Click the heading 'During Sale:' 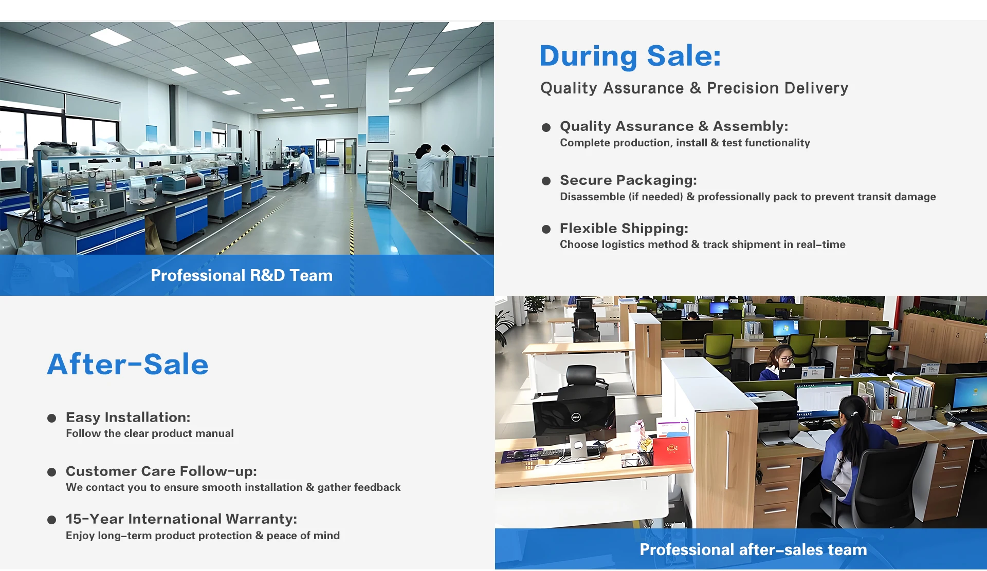pyautogui.click(x=630, y=56)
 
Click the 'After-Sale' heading pyautogui.click(x=128, y=364)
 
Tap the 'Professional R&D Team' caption pyautogui.click(x=242, y=275)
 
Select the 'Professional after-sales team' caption pyautogui.click(x=753, y=549)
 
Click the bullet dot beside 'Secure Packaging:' pyautogui.click(x=546, y=181)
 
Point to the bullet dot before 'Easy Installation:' pyautogui.click(x=51, y=418)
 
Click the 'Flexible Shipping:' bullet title pyautogui.click(x=624, y=228)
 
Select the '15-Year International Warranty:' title pyautogui.click(x=181, y=519)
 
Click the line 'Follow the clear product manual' pyautogui.click(x=150, y=433)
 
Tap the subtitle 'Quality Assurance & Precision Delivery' pyautogui.click(x=694, y=88)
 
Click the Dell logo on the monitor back pyautogui.click(x=576, y=417)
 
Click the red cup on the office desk pyautogui.click(x=897, y=422)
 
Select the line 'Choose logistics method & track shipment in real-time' pyautogui.click(x=703, y=244)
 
